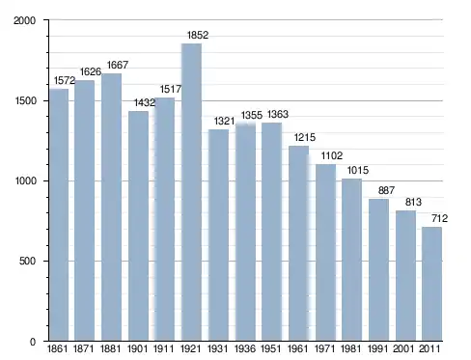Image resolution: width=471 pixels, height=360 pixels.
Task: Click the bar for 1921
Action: coord(191,192)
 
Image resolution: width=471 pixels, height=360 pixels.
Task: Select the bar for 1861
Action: coord(59,215)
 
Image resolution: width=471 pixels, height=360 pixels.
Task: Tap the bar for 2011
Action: coord(431,284)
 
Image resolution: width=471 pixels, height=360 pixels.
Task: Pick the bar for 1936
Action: coord(245,233)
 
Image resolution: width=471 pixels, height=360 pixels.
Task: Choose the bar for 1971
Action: coord(325,253)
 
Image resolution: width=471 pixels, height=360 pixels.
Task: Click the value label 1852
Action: coord(198,35)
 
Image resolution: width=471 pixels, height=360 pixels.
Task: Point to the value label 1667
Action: coord(118,65)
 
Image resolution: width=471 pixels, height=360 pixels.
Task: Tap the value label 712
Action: coord(439,218)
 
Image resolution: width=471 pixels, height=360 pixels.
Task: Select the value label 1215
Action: coord(305,137)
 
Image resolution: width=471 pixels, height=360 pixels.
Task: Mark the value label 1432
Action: coord(145,102)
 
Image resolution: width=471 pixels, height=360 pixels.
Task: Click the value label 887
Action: coord(386,190)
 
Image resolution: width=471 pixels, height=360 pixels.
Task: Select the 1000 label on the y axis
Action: coord(25,180)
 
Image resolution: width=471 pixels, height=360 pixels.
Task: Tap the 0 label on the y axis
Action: coord(33,342)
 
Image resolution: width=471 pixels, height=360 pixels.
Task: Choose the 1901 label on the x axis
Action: coord(137,348)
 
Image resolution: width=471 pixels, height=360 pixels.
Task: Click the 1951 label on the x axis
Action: coord(270,348)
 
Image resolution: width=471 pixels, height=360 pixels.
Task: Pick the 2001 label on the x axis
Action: coord(403,348)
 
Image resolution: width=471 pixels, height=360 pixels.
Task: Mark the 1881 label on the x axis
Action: coord(110,348)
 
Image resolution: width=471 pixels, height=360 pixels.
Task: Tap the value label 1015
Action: coord(358,170)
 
